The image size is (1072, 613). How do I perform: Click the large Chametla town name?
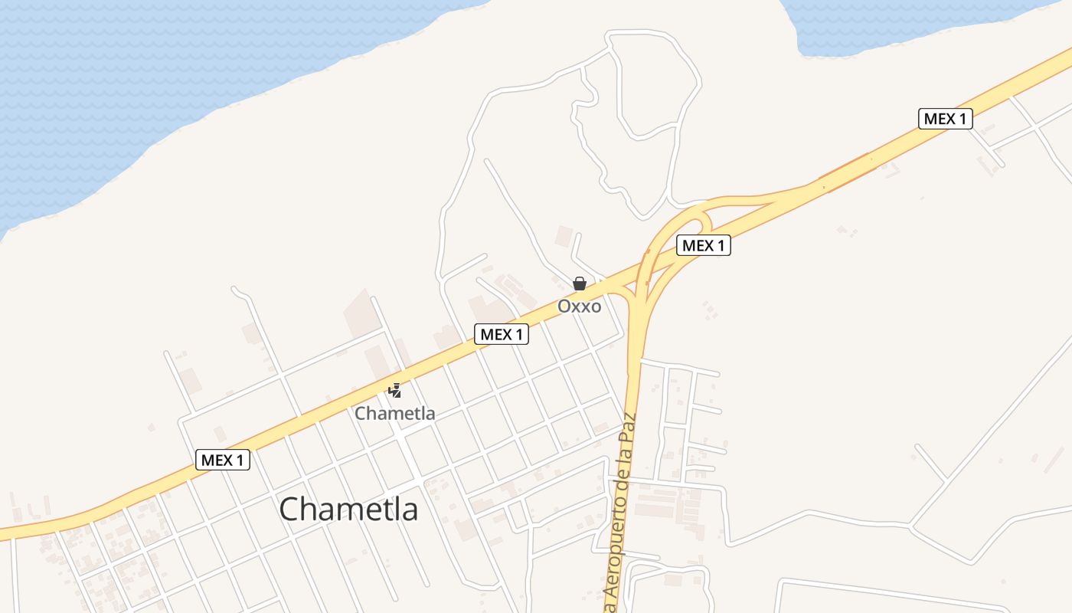click(x=348, y=509)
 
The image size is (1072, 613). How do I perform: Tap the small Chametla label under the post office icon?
click(x=394, y=414)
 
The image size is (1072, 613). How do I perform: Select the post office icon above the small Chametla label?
click(x=394, y=391)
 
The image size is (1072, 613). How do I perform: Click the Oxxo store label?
click(x=579, y=306)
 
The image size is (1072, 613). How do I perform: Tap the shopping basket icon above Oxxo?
click(x=580, y=284)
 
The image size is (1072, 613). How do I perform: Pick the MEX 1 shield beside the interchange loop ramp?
click(x=703, y=245)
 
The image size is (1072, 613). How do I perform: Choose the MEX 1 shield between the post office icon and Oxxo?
click(x=502, y=334)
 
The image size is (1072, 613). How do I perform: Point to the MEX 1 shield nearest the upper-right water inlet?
click(x=945, y=119)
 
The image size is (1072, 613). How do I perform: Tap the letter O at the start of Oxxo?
click(x=564, y=306)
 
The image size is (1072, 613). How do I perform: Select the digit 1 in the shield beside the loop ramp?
click(x=721, y=245)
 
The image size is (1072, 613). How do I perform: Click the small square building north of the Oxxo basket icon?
click(x=564, y=235)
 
